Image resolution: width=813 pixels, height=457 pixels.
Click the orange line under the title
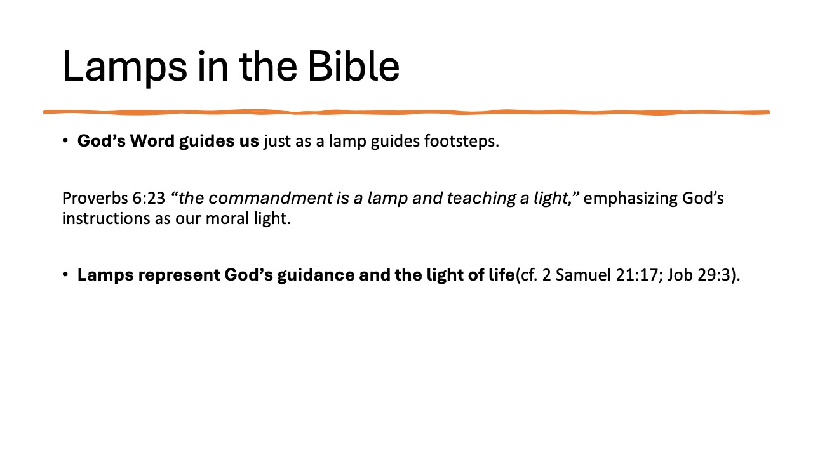pos(406,112)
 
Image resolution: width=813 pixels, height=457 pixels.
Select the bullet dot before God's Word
pos(65,140)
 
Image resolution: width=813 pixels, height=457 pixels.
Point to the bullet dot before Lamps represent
pos(65,275)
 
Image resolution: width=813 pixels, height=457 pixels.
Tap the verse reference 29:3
pos(701,275)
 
